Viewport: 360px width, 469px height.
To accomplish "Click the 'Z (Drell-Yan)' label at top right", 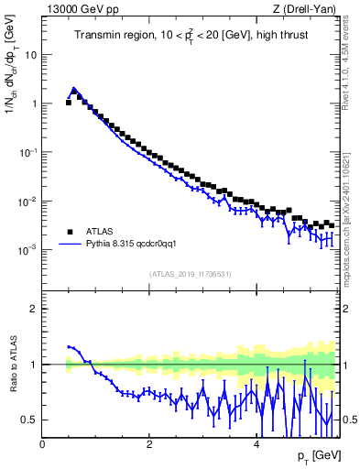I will [310, 9].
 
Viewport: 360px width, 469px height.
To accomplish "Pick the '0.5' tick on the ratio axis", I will [30, 420].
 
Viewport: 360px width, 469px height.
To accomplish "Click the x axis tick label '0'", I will [42, 443].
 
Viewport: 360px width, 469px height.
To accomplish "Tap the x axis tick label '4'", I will [256, 443].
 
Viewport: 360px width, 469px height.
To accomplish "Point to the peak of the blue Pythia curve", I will [74, 89].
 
